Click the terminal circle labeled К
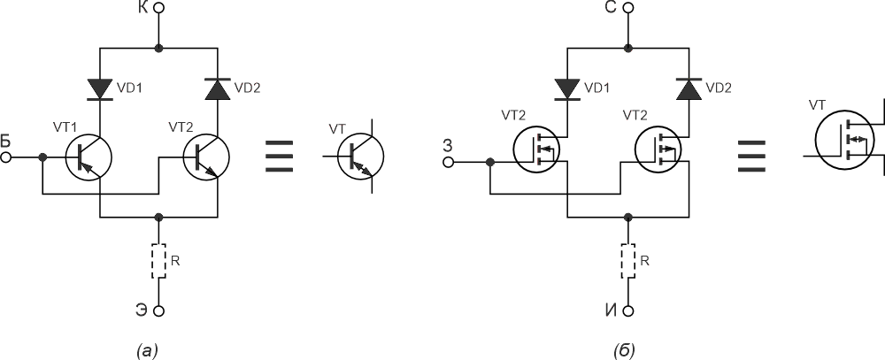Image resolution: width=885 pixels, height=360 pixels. pyautogui.click(x=159, y=8)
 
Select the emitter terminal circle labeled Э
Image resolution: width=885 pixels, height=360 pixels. pyautogui.click(x=159, y=311)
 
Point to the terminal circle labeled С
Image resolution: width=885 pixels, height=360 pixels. pyautogui.click(x=628, y=8)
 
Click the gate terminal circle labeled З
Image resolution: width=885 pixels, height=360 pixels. pyautogui.click(x=449, y=163)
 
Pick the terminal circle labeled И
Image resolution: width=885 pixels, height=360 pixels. pyautogui.click(x=628, y=311)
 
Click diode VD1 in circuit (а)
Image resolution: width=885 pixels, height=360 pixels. pyautogui.click(x=100, y=89)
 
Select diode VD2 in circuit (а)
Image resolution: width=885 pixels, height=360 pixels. pyautogui.click(x=218, y=89)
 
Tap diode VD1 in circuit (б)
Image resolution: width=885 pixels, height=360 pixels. pyautogui.click(x=567, y=89)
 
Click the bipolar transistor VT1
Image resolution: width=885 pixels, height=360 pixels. pyautogui.click(x=88, y=157)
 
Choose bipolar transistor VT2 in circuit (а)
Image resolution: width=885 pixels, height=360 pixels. pyautogui.click(x=206, y=157)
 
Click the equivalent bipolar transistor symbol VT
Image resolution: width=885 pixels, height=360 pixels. pyautogui.click(x=360, y=157)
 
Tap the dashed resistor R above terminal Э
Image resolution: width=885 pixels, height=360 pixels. pyautogui.click(x=159, y=261)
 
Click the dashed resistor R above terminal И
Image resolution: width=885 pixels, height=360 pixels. pyautogui.click(x=628, y=261)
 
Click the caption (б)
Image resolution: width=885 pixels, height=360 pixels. pyautogui.click(x=624, y=350)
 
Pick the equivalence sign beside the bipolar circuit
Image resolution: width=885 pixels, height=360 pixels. pyautogui.click(x=279, y=155)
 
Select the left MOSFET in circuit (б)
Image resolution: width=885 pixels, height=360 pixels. pyautogui.click(x=536, y=150)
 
